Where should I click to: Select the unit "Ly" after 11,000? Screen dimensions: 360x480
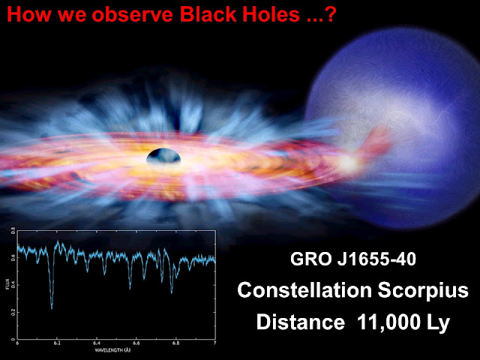pyautogui.click(x=438, y=322)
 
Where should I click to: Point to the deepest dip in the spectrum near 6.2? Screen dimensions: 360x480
pyautogui.click(x=52, y=305)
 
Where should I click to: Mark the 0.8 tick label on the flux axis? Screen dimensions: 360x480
pyautogui.click(x=11, y=233)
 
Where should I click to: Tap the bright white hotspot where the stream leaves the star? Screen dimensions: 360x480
pyautogui.click(x=346, y=161)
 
